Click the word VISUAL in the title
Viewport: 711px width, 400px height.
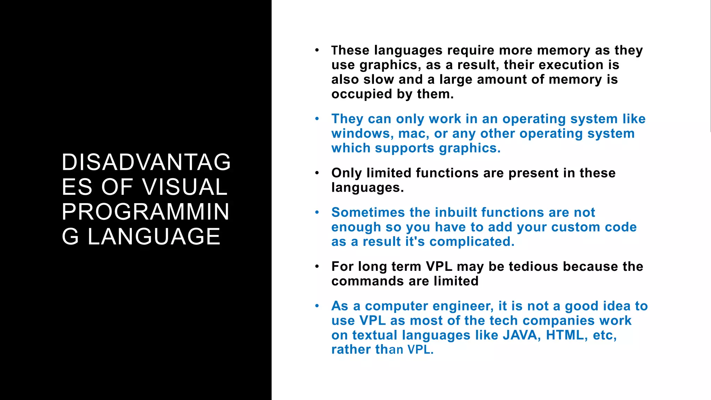[x=185, y=187]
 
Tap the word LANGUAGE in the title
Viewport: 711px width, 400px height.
[x=154, y=237]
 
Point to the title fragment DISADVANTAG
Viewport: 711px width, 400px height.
[x=146, y=162]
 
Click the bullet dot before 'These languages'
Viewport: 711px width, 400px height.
[x=317, y=51]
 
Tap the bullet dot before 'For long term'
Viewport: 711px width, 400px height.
[x=317, y=267]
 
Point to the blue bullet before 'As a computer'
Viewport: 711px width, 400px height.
[x=317, y=306]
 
